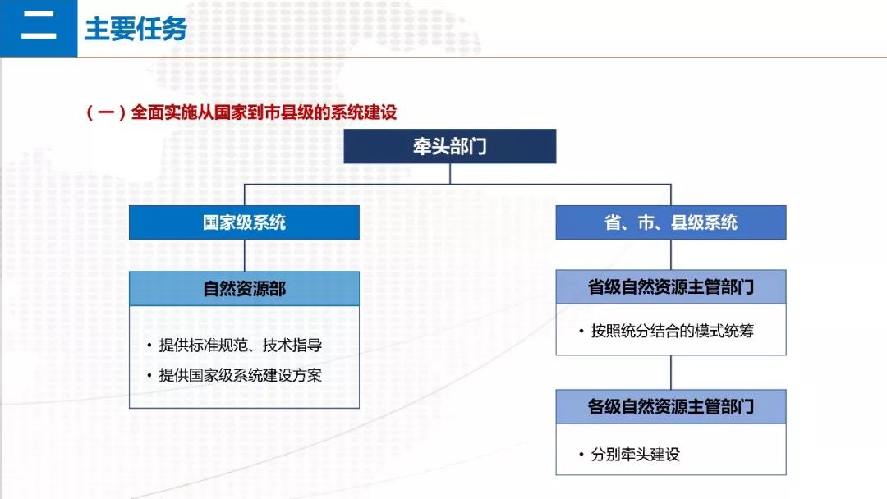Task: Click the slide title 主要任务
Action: pyautogui.click(x=136, y=29)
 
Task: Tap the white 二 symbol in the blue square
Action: pyautogui.click(x=39, y=26)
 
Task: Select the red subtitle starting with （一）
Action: pyautogui.click(x=241, y=112)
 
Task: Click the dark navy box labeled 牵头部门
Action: pyautogui.click(x=450, y=146)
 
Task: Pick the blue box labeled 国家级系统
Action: pyautogui.click(x=245, y=222)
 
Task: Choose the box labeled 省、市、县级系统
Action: pyautogui.click(x=671, y=222)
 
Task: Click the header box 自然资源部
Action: pyautogui.click(x=245, y=289)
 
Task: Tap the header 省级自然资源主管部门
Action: pyautogui.click(x=671, y=287)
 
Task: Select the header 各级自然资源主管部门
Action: pyautogui.click(x=671, y=406)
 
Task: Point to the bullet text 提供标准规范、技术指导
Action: pyautogui.click(x=241, y=346)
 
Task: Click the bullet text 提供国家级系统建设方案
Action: pyautogui.click(x=241, y=375)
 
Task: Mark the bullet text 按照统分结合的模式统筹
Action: pyautogui.click(x=673, y=331)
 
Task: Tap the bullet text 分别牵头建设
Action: pyautogui.click(x=635, y=455)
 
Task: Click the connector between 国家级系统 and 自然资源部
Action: pyautogui.click(x=245, y=255)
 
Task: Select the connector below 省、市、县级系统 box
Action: pyautogui.click(x=671, y=255)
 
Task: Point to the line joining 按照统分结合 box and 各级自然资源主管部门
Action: pyautogui.click(x=671, y=373)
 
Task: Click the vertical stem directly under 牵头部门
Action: pyautogui.click(x=450, y=173)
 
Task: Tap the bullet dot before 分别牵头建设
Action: pyautogui.click(x=581, y=454)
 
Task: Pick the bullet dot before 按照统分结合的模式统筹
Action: pyautogui.click(x=581, y=331)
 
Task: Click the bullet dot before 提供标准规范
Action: pyautogui.click(x=149, y=346)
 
